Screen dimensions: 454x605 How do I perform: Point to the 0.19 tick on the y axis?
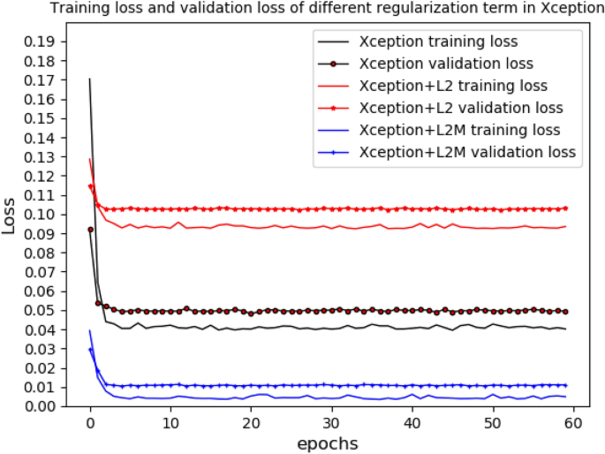(41, 42)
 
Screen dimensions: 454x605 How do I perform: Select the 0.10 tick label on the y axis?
(41, 215)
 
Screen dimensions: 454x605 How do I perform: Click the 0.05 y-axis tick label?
(41, 310)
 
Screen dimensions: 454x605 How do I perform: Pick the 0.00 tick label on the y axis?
(41, 406)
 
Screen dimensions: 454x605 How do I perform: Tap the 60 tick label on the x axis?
(573, 423)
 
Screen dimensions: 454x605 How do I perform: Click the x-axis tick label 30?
(331, 423)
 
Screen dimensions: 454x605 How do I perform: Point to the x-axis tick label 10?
(170, 423)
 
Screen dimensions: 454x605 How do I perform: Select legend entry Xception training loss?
(438, 42)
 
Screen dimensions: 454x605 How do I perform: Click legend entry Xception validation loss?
(445, 64)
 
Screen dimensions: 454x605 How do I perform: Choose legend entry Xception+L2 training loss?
(453, 86)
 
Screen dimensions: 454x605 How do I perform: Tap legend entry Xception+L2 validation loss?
(460, 108)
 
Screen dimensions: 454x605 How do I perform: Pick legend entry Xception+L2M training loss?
(459, 130)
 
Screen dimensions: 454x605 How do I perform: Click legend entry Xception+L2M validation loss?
(466, 152)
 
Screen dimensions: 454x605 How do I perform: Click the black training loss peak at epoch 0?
(90, 79)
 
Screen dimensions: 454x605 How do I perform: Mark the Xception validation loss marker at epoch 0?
(90, 230)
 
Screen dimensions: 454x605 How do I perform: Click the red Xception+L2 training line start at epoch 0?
(90, 160)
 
